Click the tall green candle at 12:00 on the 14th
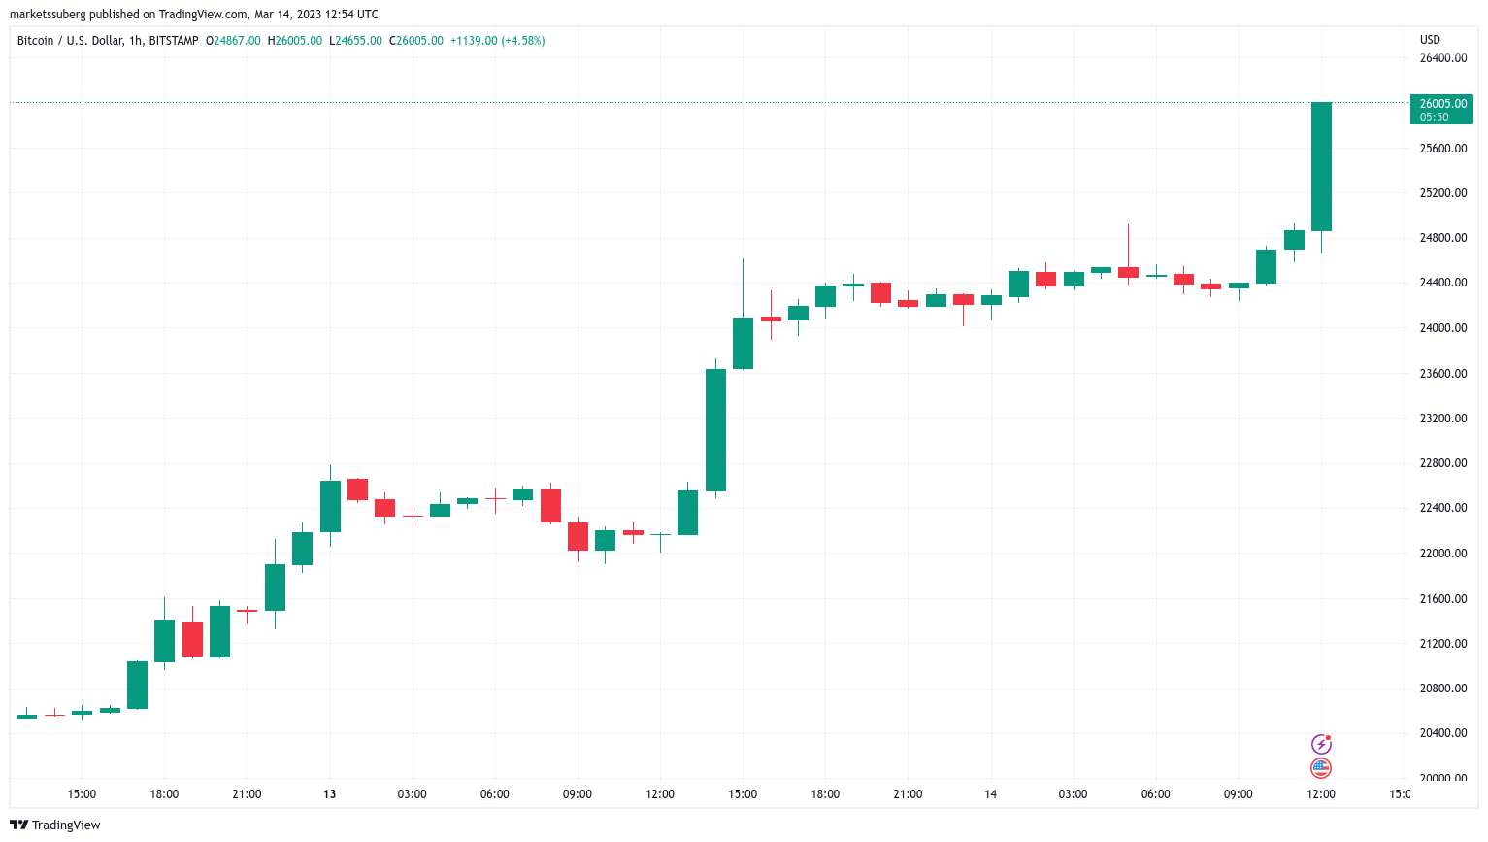[x=1321, y=166]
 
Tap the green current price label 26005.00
[x=1442, y=104]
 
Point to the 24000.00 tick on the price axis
[x=1442, y=328]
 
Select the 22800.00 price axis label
[x=1442, y=463]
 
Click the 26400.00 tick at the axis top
[x=1442, y=58]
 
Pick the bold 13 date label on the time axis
[x=330, y=794]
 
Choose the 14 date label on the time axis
[x=990, y=794]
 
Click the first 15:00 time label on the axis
[x=82, y=794]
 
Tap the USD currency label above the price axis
[x=1430, y=40]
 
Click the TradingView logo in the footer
[x=55, y=825]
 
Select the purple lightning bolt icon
[x=1321, y=745]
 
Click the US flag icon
[x=1321, y=768]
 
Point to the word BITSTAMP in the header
[x=174, y=41]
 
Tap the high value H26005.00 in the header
[x=295, y=41]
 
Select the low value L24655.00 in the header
[x=356, y=41]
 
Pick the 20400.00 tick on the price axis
[x=1442, y=733]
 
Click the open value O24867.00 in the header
[x=233, y=41]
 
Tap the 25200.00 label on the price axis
[x=1442, y=193]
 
